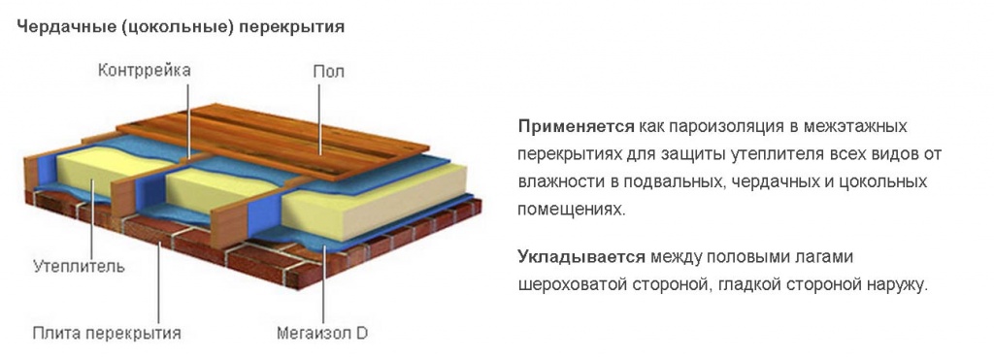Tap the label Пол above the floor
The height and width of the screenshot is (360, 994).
328,71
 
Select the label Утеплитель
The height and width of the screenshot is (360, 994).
79,265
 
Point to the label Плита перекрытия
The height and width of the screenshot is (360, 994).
107,334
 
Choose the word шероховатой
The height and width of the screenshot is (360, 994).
568,285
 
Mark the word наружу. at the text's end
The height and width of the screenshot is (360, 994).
898,285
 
